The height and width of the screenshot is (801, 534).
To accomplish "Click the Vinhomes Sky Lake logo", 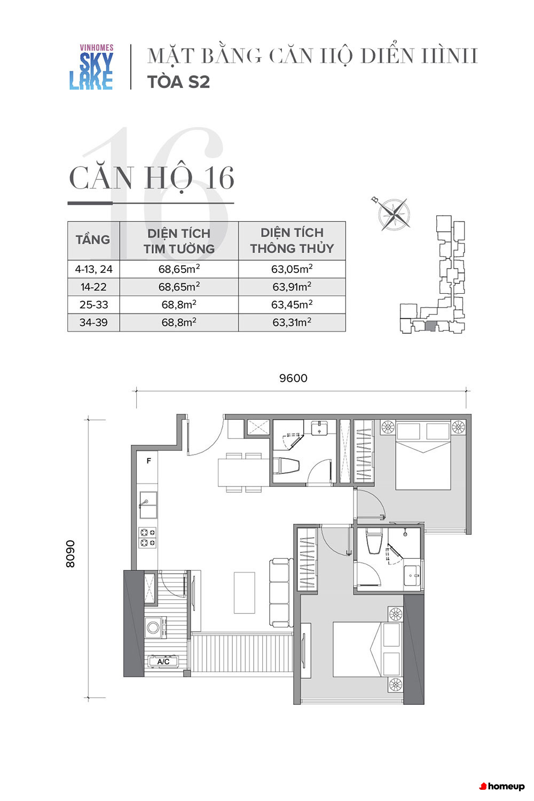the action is [x=91, y=67].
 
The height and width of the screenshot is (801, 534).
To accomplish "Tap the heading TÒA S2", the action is [x=178, y=82].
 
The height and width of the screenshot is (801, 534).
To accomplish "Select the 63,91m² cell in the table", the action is [x=292, y=287].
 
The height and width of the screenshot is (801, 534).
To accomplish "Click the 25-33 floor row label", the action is [x=93, y=305].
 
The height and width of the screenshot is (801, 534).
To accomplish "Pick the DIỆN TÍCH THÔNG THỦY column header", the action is [x=292, y=240].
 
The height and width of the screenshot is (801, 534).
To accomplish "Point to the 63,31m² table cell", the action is [x=292, y=323].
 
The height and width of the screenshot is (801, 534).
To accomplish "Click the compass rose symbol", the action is [x=394, y=214].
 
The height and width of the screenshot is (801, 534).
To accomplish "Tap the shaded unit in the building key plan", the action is [x=430, y=326].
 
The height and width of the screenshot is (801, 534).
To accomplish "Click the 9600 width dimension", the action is [x=293, y=378].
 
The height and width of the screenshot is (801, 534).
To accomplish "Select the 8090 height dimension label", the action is [x=70, y=554].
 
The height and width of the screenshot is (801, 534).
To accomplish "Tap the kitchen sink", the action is [x=148, y=505].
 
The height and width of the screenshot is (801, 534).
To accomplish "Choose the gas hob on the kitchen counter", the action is [x=147, y=538].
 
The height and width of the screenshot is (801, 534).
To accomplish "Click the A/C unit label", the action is [x=163, y=662].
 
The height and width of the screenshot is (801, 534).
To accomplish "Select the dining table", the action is [x=244, y=473].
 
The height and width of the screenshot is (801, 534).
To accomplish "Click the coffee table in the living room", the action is [x=245, y=593].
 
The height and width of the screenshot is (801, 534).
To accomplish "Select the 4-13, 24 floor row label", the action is [x=93, y=269].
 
